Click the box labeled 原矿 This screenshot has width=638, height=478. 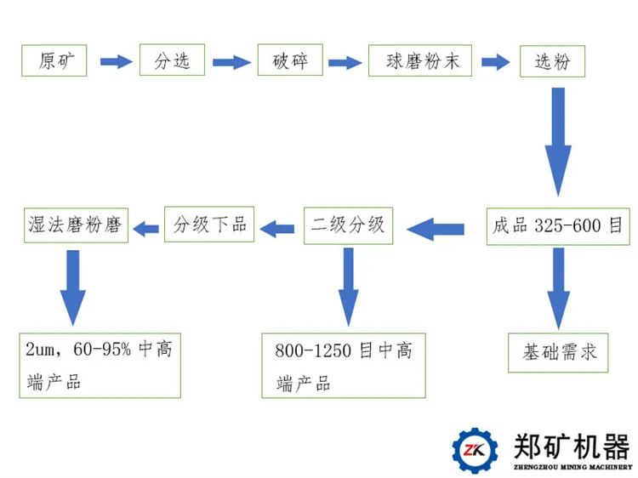point(54,60)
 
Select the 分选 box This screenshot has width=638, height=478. point(173,60)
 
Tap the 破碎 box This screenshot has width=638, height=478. point(290,60)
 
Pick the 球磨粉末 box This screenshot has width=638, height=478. point(419,60)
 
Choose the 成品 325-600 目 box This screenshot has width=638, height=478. point(558,226)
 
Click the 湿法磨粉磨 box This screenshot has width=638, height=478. point(74,226)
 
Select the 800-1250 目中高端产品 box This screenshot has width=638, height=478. point(344,365)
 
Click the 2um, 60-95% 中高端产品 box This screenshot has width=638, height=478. point(100,365)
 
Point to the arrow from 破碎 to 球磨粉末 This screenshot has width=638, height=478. point(345,61)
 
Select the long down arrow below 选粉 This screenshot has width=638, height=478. point(558,140)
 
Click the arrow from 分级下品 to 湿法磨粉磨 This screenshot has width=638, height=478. point(147,227)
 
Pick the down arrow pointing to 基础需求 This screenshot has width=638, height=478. point(558,287)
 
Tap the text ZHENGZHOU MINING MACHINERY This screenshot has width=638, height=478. point(572,467)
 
